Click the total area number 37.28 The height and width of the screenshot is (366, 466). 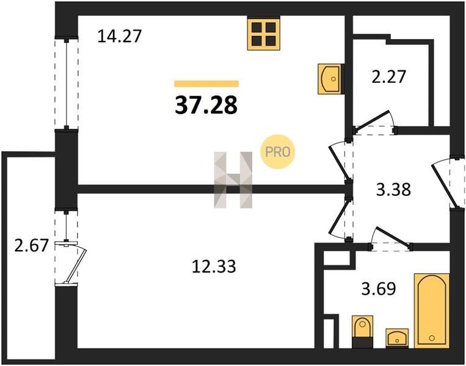tap(206, 106)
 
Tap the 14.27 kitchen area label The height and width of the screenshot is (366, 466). tap(119, 36)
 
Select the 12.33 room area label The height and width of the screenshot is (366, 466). tap(214, 266)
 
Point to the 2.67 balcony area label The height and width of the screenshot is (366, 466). tap(31, 246)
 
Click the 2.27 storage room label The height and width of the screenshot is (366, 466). tap(388, 76)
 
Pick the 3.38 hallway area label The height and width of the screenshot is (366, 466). tap(393, 189)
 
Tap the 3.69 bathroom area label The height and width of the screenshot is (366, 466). tap(379, 289)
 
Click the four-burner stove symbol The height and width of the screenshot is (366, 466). tap(264, 34)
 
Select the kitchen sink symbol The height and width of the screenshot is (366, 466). tap(330, 79)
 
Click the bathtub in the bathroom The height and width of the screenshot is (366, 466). tap(432, 310)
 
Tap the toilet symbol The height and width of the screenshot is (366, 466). tap(362, 332)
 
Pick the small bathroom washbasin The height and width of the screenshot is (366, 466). tap(397, 338)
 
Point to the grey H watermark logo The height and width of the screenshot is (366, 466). tap(233, 180)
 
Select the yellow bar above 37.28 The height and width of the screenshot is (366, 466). tap(206, 84)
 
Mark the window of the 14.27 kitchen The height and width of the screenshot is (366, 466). tap(67, 84)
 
